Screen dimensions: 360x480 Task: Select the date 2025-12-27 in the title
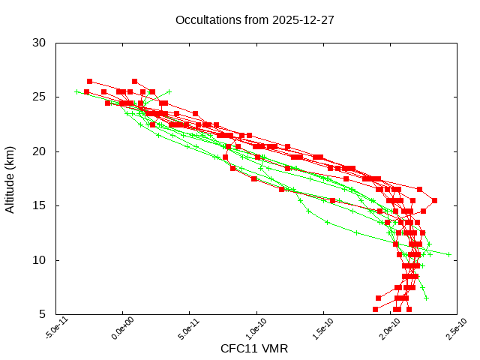point(304,20)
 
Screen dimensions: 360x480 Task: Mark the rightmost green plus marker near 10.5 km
point(449,254)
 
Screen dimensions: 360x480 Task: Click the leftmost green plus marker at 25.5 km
point(76,92)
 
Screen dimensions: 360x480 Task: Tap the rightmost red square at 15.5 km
point(434,200)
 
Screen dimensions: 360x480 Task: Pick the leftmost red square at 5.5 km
point(376,309)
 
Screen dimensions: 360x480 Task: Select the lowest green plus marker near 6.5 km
point(426,298)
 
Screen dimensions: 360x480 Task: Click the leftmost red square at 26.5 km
point(90,81)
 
